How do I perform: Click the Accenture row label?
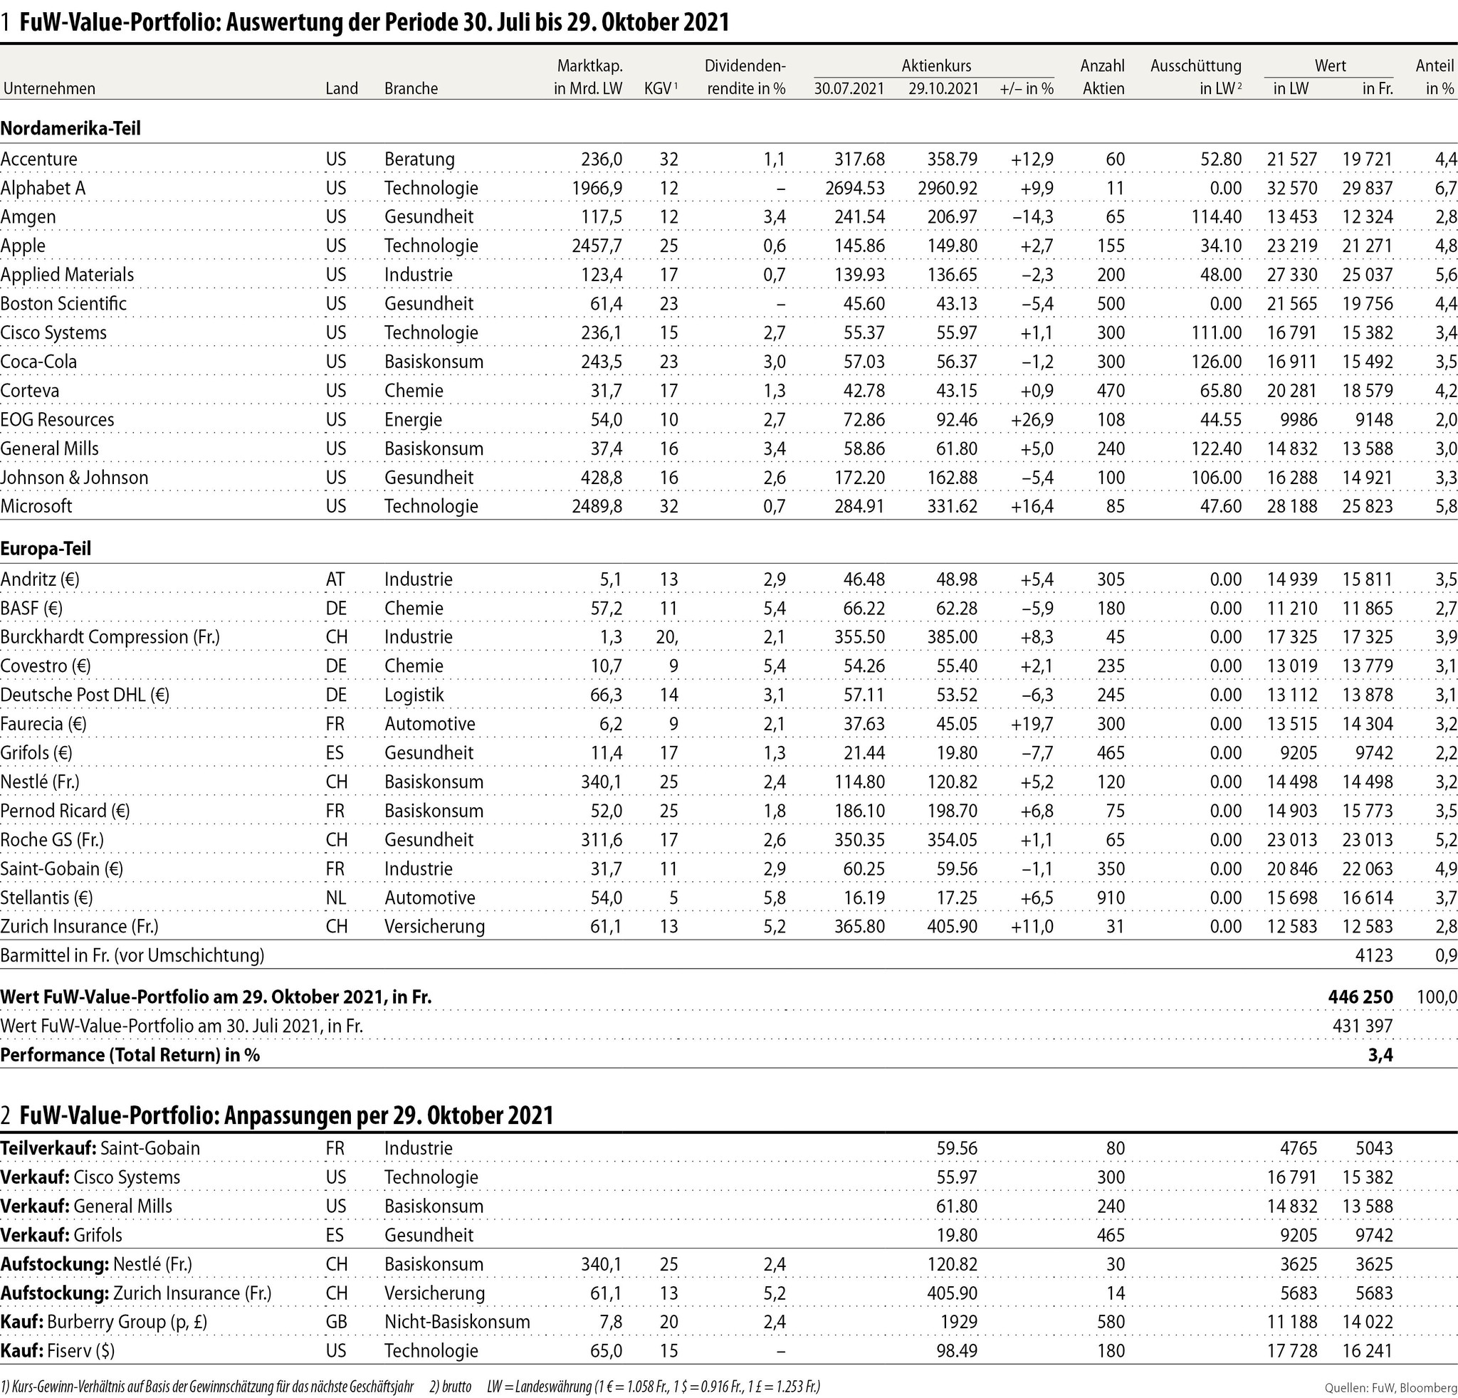click(38, 159)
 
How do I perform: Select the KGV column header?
click(660, 88)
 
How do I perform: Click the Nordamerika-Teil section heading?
click(70, 128)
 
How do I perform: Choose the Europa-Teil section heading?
click(46, 549)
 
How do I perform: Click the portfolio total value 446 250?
click(1360, 997)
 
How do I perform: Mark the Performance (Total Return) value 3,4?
click(1380, 1055)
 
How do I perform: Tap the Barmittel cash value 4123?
click(1374, 955)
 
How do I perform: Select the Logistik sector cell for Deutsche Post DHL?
click(414, 695)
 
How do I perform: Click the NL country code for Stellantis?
click(335, 898)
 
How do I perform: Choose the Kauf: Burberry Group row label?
click(103, 1321)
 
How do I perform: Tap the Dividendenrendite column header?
click(745, 77)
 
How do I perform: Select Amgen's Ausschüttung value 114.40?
click(1216, 217)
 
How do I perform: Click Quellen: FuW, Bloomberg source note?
click(1390, 1387)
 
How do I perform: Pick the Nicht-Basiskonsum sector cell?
click(457, 1321)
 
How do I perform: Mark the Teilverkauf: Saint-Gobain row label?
click(100, 1148)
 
